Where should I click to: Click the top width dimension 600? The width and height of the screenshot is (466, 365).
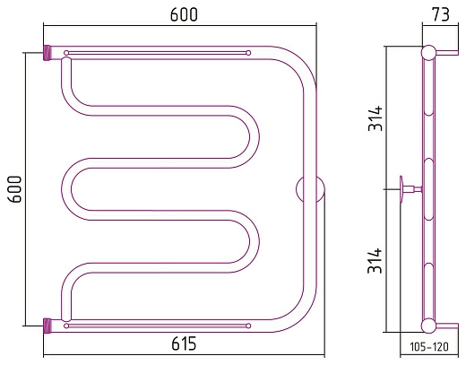click(184, 14)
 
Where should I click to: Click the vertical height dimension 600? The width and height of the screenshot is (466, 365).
click(15, 189)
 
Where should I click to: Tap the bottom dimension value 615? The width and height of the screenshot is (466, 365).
click(184, 343)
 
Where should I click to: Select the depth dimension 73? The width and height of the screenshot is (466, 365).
click(440, 14)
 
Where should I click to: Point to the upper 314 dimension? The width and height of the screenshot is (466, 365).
click(375, 118)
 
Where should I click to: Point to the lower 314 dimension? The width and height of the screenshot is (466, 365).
click(375, 261)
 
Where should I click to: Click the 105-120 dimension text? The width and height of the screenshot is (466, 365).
click(429, 347)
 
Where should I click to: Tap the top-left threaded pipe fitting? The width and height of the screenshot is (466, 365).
click(47, 53)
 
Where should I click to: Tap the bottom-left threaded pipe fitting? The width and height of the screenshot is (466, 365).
click(47, 326)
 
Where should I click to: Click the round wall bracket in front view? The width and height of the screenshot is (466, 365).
click(310, 189)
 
